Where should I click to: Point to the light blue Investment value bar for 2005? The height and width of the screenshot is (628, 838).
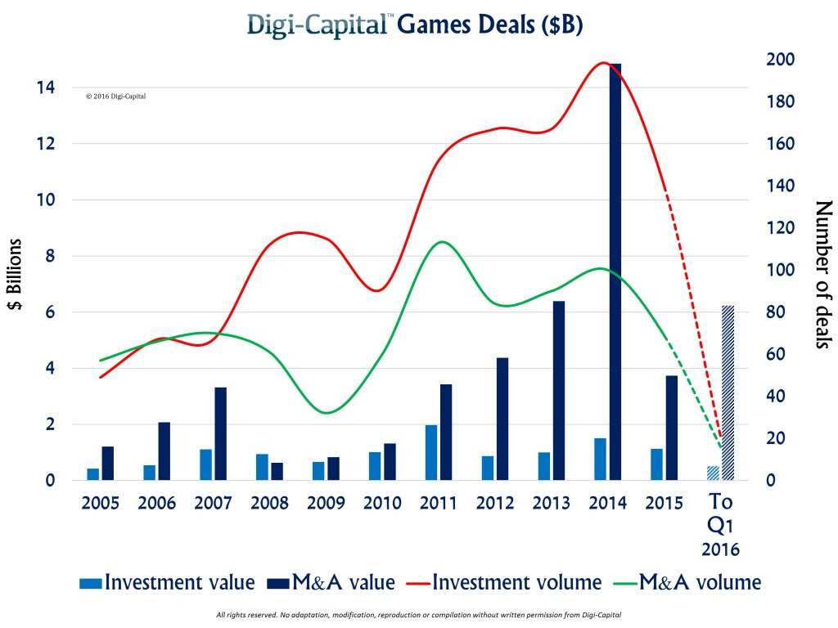pos(92,474)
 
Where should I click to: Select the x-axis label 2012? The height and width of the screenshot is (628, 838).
pos(493,502)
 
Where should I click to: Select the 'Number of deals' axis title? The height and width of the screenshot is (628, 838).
pos(822,275)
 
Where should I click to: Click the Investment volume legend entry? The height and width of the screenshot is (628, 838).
pos(517,582)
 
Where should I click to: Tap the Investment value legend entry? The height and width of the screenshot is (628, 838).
pos(169,582)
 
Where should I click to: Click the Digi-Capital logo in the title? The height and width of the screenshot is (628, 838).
pos(320,26)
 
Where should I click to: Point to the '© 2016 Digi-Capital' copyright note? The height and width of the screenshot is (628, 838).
pos(116,96)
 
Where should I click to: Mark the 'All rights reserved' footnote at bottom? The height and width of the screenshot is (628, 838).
pos(419,614)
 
